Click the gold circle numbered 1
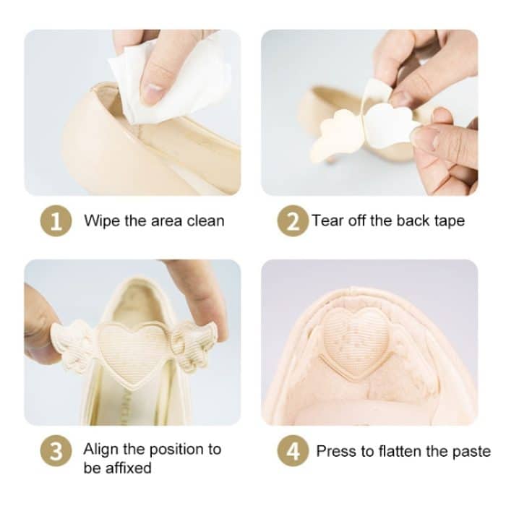[x=56, y=220]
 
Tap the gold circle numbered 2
[x=293, y=220]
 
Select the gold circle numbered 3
[x=56, y=451]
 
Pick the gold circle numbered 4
[x=293, y=451]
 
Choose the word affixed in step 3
[x=129, y=468]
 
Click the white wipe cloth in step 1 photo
[x=168, y=81]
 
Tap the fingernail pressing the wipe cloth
[x=153, y=91]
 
